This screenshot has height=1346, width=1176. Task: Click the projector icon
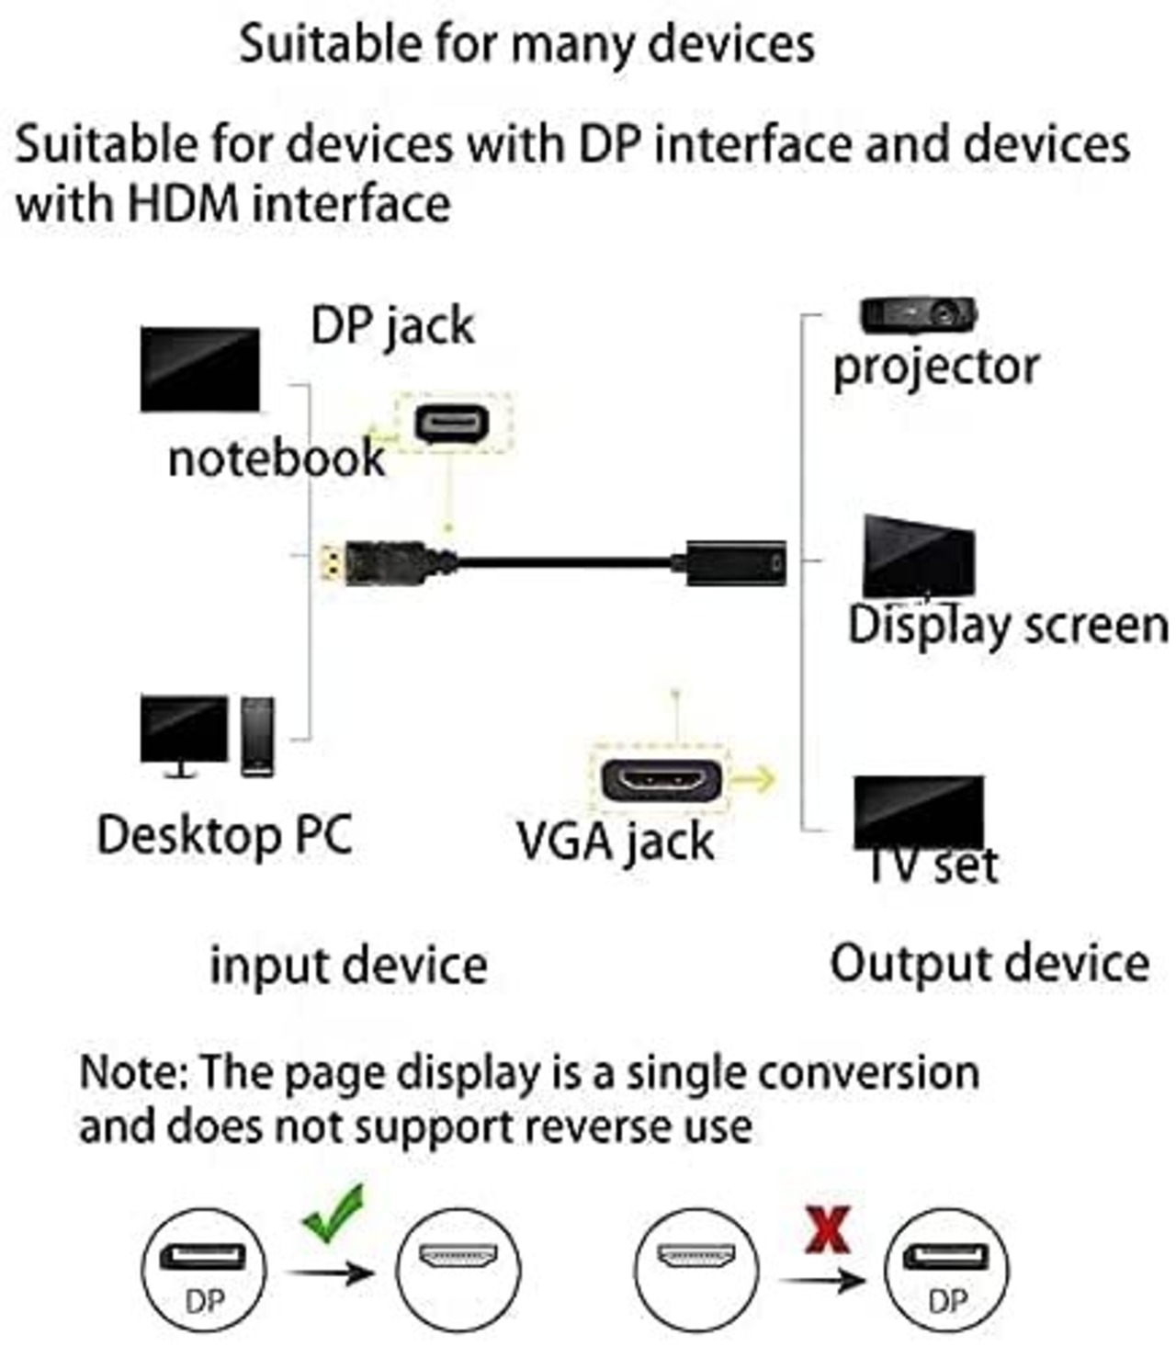pyautogui.click(x=918, y=315)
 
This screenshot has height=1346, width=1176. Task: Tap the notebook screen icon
pyautogui.click(x=199, y=369)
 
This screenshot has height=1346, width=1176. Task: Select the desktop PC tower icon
pyautogui.click(x=257, y=736)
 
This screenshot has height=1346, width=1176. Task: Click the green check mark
pyautogui.click(x=334, y=1213)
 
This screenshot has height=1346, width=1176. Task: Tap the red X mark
pyautogui.click(x=827, y=1229)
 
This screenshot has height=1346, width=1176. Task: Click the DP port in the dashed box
pyautogui.click(x=451, y=424)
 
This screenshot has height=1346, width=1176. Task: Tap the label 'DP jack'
pyautogui.click(x=392, y=326)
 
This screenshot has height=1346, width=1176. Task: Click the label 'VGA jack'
pyautogui.click(x=615, y=841)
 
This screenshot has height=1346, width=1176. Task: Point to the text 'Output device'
pyautogui.click(x=989, y=964)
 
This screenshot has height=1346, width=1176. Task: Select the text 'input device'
pyautogui.click(x=348, y=966)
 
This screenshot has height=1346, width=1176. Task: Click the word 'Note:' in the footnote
pyautogui.click(x=133, y=1072)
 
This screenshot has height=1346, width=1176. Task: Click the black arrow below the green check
pyautogui.click(x=330, y=1272)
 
